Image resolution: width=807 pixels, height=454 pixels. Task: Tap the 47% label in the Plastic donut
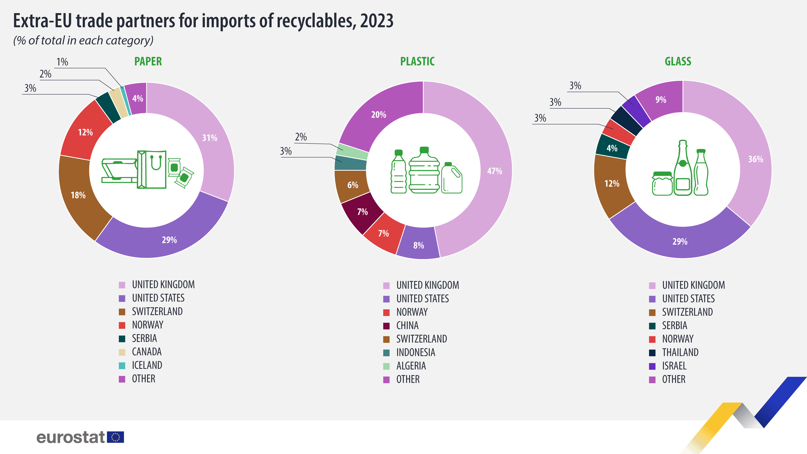pyautogui.click(x=494, y=171)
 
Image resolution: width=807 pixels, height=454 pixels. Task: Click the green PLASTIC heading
pyautogui.click(x=417, y=61)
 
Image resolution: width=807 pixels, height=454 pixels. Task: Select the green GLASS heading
pyautogui.click(x=678, y=61)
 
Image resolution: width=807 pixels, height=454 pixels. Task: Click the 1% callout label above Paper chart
pyautogui.click(x=62, y=62)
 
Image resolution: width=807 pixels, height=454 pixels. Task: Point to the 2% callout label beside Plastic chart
pyautogui.click(x=301, y=137)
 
